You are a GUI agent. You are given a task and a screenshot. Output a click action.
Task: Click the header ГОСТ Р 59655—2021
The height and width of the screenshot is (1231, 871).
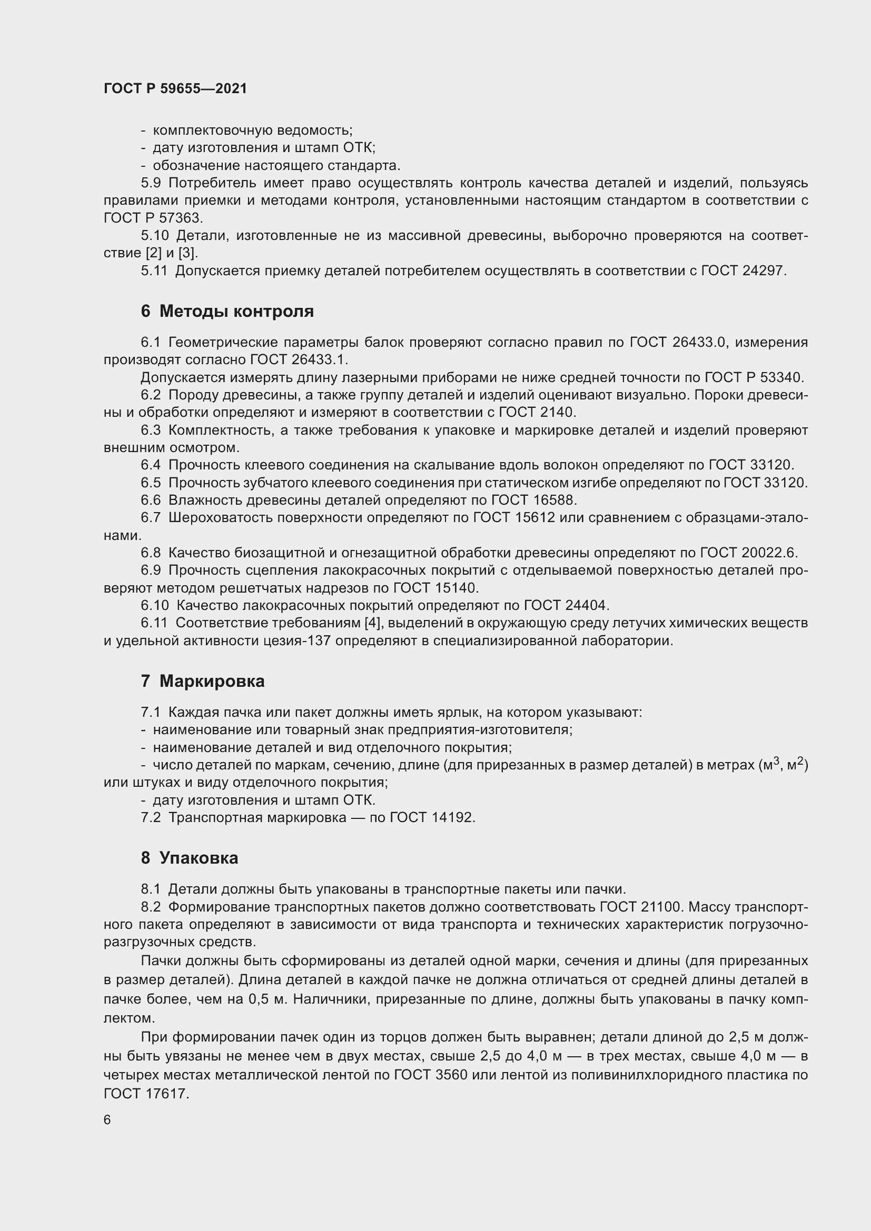[x=175, y=88]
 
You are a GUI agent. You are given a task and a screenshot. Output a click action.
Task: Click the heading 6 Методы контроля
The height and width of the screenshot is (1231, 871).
[x=227, y=311]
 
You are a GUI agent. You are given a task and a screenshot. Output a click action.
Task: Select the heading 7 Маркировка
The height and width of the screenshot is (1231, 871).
[x=203, y=681]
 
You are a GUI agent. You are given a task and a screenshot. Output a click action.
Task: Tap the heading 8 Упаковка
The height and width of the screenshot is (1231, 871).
[x=190, y=858]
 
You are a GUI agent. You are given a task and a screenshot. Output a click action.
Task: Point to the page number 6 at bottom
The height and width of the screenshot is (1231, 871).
[x=107, y=1119]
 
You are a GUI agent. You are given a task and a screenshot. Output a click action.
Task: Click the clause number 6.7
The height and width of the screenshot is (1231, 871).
[x=151, y=517]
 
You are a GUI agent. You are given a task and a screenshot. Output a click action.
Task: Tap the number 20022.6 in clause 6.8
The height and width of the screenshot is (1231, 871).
[x=770, y=552]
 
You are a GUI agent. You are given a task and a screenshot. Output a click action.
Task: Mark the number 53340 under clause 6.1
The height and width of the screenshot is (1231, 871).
[x=781, y=377]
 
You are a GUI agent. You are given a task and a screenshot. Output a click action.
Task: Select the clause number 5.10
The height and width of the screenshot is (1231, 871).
[x=155, y=235]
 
